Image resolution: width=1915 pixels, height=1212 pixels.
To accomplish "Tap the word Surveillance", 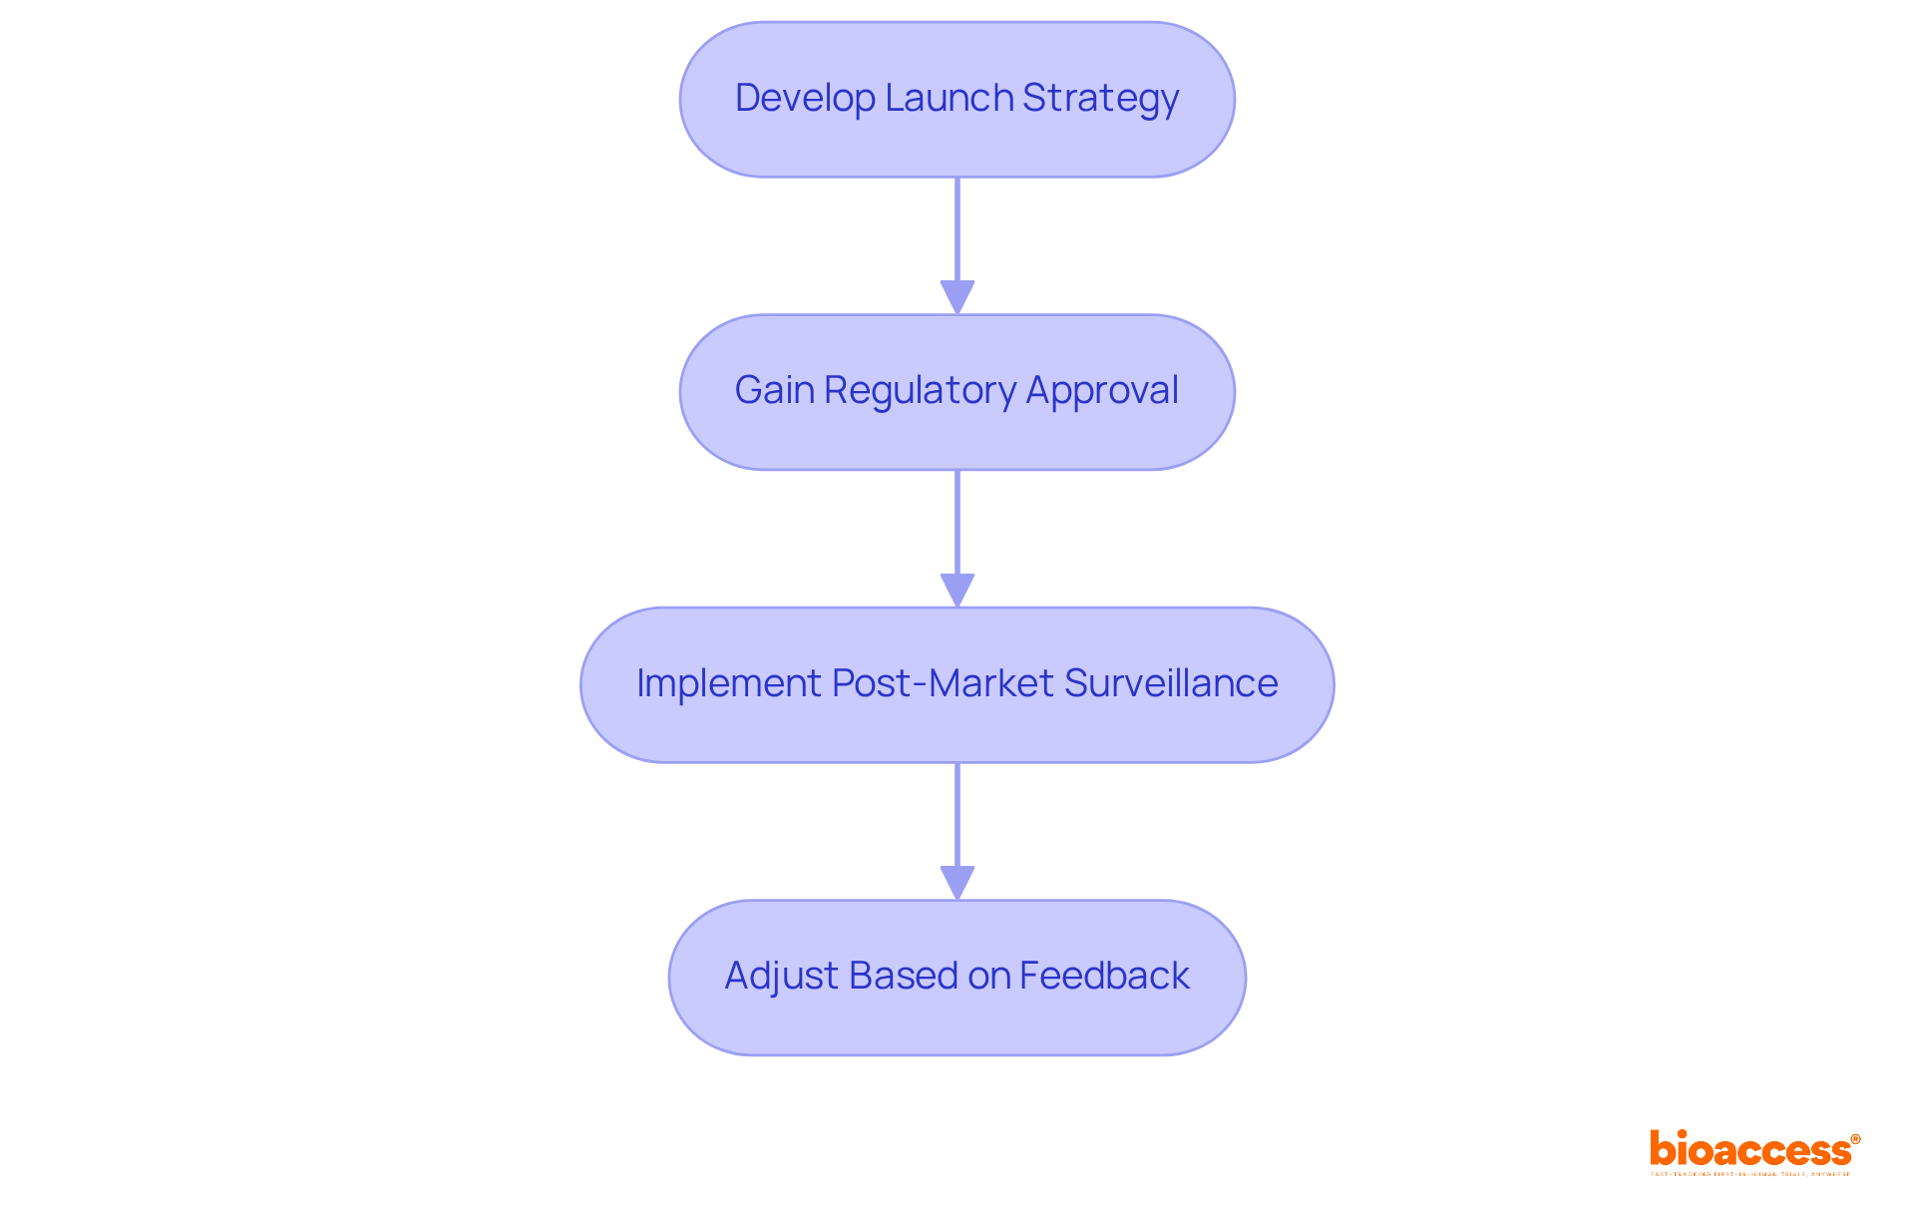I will point(1171,683).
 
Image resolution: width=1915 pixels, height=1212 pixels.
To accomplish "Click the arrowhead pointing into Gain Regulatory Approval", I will point(957,297).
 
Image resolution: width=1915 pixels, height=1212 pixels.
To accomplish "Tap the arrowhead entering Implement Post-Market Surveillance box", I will point(957,590).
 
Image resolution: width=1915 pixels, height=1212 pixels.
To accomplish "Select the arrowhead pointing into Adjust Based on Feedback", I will point(957,882).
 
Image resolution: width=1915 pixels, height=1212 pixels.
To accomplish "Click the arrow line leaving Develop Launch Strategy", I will point(957,229).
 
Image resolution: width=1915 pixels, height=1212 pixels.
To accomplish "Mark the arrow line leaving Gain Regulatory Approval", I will point(957,522).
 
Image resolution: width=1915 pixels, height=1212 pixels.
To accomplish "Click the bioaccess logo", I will point(1749,1149).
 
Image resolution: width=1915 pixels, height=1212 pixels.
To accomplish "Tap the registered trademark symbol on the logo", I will point(1855,1138).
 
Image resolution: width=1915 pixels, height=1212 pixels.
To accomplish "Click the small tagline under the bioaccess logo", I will point(1749,1175).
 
